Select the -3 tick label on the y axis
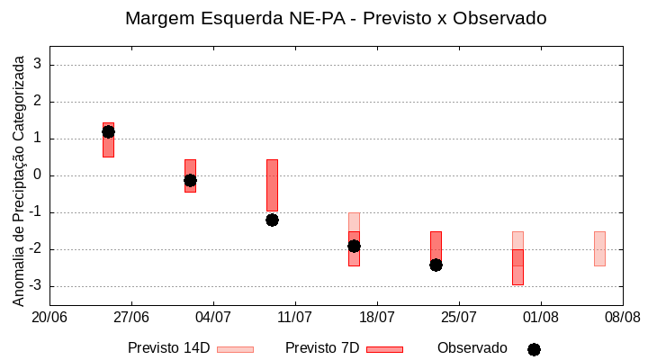(36, 286)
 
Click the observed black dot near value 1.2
(108, 131)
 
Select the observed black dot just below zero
(190, 180)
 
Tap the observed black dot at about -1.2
(272, 220)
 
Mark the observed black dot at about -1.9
(354, 246)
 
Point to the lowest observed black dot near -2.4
(436, 265)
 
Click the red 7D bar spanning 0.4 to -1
(272, 184)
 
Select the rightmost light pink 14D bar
(599, 248)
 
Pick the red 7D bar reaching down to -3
(517, 267)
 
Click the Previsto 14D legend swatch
(235, 349)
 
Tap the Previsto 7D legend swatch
(384, 349)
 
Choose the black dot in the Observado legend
(534, 349)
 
